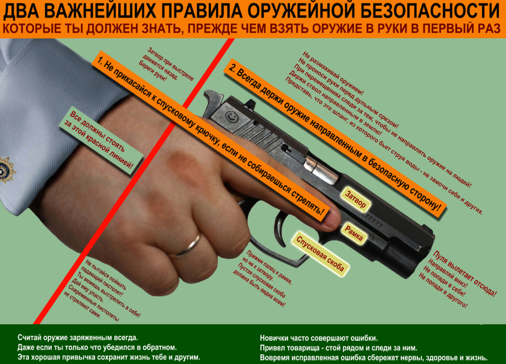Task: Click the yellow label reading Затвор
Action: tap(355, 199)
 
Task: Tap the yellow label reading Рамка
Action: tap(354, 234)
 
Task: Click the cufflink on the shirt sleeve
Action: tap(6, 170)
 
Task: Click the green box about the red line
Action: tap(101, 140)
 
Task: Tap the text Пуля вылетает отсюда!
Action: tap(464, 274)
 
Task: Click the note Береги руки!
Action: tap(152, 71)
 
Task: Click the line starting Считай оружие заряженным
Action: tap(77, 338)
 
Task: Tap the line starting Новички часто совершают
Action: tap(319, 338)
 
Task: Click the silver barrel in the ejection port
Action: tap(321, 169)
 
